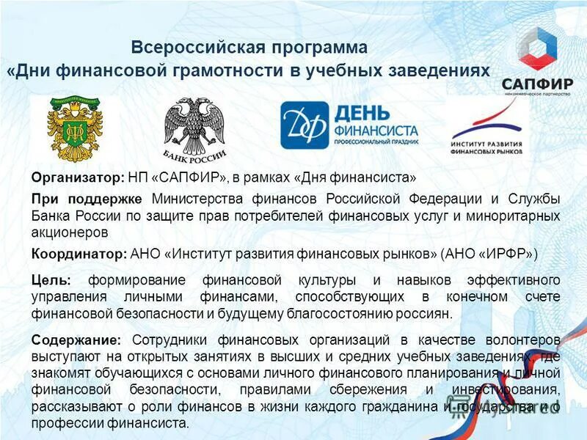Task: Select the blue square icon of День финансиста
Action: (304, 125)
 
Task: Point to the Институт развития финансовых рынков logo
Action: (486, 129)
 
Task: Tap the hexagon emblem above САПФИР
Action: (537, 46)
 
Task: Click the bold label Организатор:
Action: (79, 177)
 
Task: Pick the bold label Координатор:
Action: (79, 254)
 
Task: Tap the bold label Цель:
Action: (51, 281)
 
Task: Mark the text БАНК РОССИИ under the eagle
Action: (194, 155)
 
